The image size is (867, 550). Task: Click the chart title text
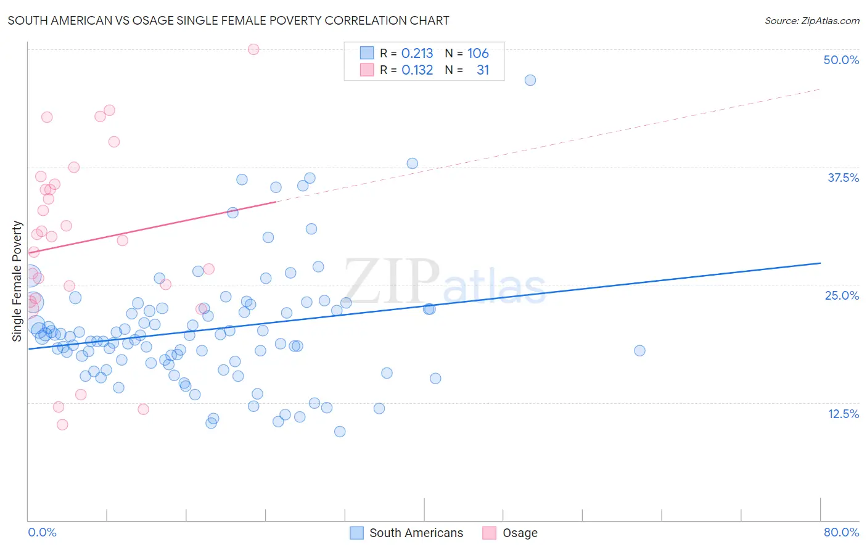228,20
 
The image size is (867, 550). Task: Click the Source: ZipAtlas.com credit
812,20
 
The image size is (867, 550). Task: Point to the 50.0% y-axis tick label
841,60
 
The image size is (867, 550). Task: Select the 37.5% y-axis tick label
843,178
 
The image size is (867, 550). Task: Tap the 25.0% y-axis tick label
842,295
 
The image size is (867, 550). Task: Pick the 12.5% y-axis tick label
843,414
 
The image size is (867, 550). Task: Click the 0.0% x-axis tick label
42,532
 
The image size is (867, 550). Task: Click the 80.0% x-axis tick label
841,532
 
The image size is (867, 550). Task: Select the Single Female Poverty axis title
17,281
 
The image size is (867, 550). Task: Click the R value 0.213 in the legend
417,54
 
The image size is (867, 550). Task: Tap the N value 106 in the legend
478,54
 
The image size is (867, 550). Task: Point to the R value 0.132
417,70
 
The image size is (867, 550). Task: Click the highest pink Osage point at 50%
253,49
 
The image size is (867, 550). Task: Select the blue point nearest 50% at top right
530,80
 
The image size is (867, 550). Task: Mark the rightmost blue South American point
639,351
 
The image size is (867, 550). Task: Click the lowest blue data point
340,432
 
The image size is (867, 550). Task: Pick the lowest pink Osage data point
62,425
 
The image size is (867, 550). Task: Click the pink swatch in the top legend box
367,70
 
